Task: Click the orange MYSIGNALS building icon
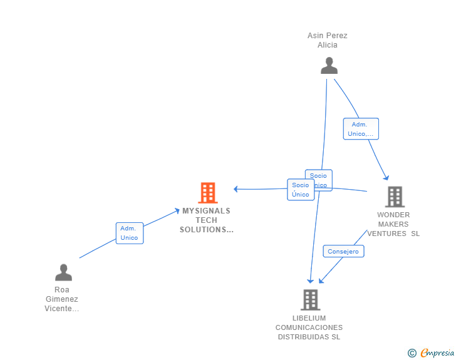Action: [208, 193]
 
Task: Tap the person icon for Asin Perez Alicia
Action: [329, 66]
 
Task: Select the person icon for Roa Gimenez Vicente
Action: [63, 272]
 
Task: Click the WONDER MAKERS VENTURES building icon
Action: [395, 197]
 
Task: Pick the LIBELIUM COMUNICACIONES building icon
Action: [310, 300]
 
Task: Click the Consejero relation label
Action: [343, 252]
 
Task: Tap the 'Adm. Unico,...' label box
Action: [361, 129]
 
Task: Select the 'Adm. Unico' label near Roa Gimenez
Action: [129, 234]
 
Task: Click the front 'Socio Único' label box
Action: [301, 190]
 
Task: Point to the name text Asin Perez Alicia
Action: [328, 40]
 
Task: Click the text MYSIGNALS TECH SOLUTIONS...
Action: [206, 220]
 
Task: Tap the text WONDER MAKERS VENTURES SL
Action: [393, 224]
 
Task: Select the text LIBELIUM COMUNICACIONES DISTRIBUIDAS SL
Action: [309, 327]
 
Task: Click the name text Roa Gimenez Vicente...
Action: [62, 299]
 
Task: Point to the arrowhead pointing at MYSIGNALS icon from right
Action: [236, 189]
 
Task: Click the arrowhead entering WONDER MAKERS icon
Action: [386, 178]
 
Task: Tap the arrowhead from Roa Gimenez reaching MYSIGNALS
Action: [177, 211]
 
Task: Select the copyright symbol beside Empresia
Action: [412, 353]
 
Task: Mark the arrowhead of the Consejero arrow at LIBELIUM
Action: [321, 280]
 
